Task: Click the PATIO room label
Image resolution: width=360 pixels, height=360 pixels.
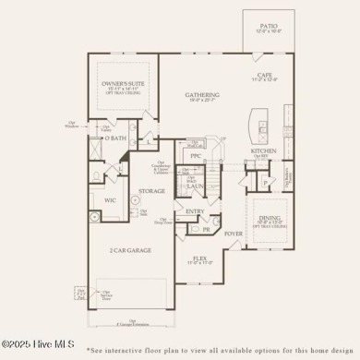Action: [268, 27]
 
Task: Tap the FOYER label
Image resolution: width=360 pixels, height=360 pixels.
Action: [234, 234]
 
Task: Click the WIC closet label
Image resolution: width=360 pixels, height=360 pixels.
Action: [110, 198]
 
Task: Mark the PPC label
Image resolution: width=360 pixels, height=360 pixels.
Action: [195, 156]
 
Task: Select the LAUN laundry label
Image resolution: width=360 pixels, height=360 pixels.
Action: [195, 185]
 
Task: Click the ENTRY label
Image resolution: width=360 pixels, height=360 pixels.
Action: [195, 210]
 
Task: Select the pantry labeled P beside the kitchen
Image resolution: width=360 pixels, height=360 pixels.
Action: [266, 182]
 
